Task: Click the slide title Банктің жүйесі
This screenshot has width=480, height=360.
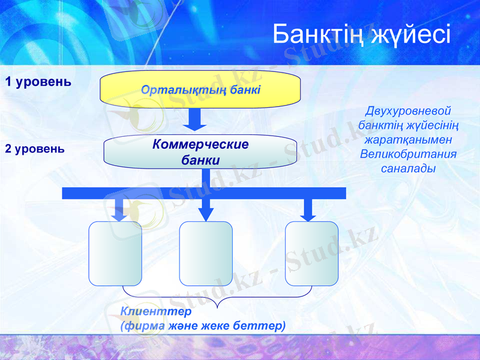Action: point(361,34)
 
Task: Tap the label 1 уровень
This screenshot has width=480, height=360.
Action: point(38,82)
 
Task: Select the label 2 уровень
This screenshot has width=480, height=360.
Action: point(35,148)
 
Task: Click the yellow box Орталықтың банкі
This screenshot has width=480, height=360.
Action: point(200,89)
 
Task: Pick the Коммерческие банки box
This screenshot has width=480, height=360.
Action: point(200,152)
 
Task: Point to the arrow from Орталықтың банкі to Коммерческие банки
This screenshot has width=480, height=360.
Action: point(194,119)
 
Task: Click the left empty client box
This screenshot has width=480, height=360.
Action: point(115,253)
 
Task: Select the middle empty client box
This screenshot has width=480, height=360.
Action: point(206,253)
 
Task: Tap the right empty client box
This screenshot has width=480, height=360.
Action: point(311,253)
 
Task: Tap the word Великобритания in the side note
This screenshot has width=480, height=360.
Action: point(408,154)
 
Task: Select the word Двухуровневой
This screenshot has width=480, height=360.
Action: point(408,111)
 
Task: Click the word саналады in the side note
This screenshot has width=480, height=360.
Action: point(408,168)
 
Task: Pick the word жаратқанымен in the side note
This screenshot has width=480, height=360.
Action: point(408,139)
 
